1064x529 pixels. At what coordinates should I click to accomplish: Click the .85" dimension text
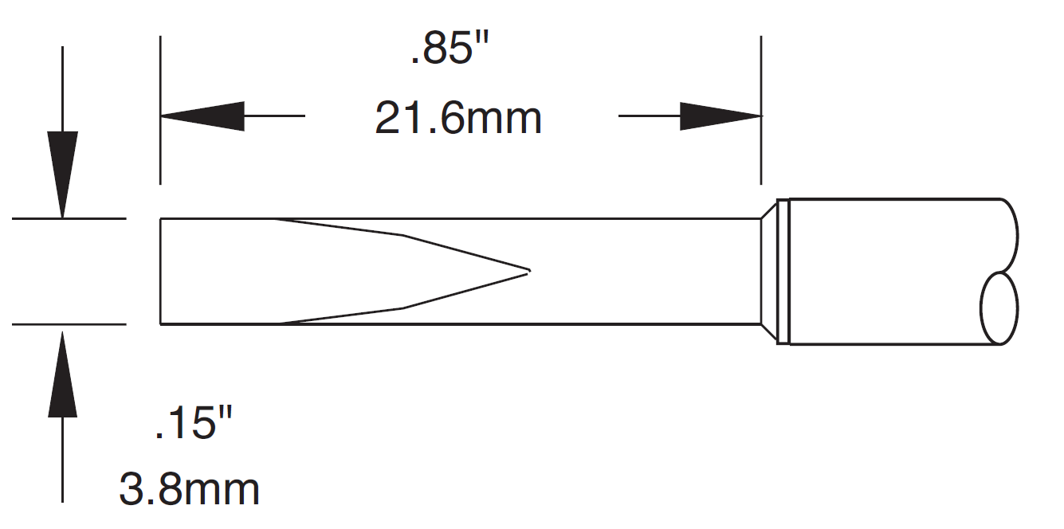(x=449, y=53)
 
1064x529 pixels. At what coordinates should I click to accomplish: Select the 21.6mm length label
(x=458, y=119)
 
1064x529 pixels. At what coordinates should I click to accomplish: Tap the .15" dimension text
(x=194, y=422)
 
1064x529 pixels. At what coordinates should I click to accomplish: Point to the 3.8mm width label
(x=190, y=489)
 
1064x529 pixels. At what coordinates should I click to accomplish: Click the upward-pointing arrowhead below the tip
(x=62, y=375)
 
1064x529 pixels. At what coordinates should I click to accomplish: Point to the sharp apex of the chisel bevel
(x=528, y=271)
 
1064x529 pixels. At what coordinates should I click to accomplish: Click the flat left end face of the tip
(x=161, y=271)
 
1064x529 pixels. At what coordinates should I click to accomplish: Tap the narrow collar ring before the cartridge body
(x=783, y=271)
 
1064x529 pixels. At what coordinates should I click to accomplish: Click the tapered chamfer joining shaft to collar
(x=768, y=271)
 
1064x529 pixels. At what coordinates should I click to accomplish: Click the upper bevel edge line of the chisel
(x=402, y=235)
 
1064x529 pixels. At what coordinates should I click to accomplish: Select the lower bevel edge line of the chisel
(x=402, y=308)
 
